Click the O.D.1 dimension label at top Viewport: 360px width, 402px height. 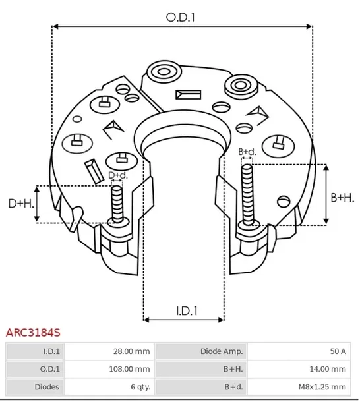tap(181, 17)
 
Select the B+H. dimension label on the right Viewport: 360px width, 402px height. tap(342, 197)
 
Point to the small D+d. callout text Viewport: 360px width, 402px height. tap(117, 175)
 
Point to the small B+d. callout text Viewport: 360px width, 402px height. tap(247, 152)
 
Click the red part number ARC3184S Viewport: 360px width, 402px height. tap(33, 335)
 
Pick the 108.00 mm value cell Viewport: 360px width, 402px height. tap(131, 369)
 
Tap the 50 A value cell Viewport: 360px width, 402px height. tap(339, 352)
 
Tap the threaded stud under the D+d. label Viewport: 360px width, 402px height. tap(117, 204)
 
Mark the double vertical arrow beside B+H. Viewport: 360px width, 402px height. tap(325, 194)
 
